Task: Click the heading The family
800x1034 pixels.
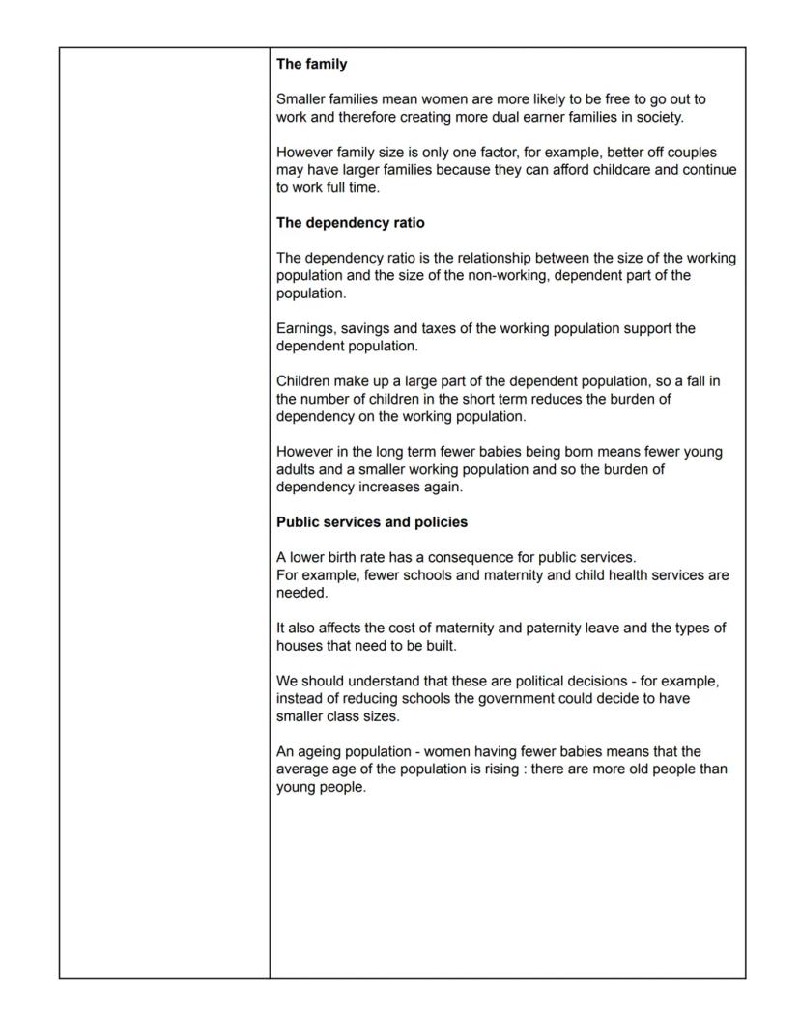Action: click(x=311, y=65)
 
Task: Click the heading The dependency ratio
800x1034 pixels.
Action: click(x=350, y=223)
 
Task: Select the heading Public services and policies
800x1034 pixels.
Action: click(x=371, y=522)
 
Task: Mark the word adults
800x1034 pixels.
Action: click(x=296, y=470)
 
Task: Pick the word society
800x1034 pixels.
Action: click(x=658, y=118)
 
